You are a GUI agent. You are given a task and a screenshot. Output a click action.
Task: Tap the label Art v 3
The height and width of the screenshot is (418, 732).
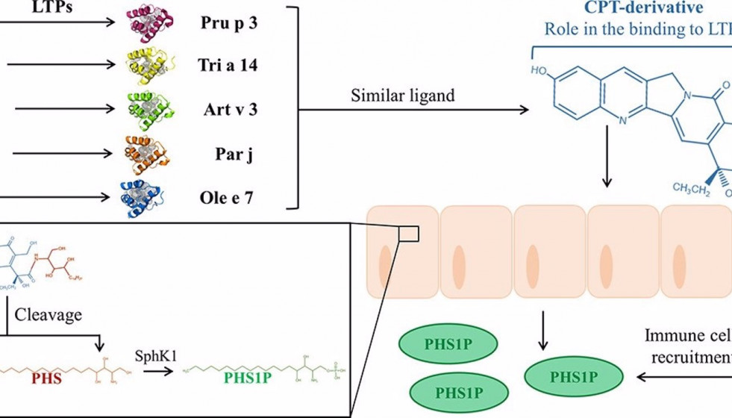tap(230, 109)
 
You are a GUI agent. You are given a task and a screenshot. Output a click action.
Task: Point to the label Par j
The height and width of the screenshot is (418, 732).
tap(230, 155)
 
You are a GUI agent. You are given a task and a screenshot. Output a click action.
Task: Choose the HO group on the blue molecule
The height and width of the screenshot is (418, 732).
tap(539, 72)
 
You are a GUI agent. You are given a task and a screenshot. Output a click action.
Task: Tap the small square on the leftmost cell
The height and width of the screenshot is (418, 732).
tap(409, 234)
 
